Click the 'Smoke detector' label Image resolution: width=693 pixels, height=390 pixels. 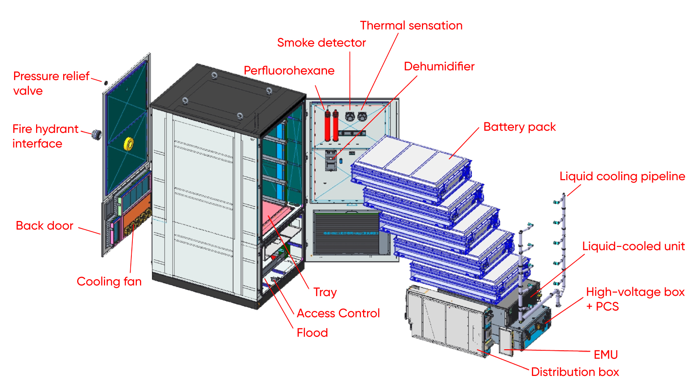point(321,43)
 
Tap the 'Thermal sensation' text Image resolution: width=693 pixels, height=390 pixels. point(411,25)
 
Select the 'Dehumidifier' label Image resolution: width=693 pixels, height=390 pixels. point(439,66)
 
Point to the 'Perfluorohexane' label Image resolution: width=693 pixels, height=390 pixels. point(289,70)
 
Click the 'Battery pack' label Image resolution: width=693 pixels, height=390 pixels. point(519,127)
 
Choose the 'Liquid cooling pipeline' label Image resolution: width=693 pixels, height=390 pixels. point(622,176)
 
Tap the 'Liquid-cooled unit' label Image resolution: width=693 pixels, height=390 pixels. point(633,246)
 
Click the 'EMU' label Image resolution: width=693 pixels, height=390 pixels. point(606,355)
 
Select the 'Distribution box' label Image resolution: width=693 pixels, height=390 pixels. point(575,372)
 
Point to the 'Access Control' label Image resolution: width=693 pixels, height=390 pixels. point(338,313)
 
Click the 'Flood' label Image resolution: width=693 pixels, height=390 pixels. point(312,333)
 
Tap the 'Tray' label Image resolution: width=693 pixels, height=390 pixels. point(325,292)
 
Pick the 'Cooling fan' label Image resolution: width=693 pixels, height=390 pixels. point(109,281)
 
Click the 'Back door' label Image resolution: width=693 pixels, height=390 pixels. point(44,226)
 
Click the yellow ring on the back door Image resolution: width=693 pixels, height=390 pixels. point(128,144)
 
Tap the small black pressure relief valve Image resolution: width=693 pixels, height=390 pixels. point(106,83)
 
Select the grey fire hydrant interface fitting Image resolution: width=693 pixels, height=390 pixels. point(96,134)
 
